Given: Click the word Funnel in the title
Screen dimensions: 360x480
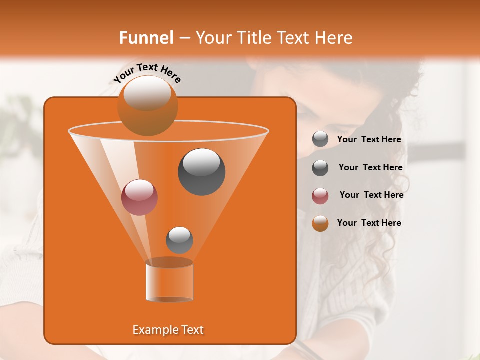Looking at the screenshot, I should pyautogui.click(x=146, y=38).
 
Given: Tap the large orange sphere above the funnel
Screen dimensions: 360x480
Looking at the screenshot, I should pyautogui.click(x=148, y=105).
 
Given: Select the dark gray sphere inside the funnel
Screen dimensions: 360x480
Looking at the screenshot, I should pyautogui.click(x=201, y=171).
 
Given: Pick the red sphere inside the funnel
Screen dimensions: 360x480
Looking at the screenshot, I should pyautogui.click(x=139, y=197).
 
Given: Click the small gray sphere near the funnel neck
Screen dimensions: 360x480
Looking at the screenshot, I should pyautogui.click(x=179, y=240).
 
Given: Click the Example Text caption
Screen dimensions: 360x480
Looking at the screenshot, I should pyautogui.click(x=168, y=330).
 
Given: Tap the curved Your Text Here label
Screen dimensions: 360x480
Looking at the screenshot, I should pyautogui.click(x=147, y=72).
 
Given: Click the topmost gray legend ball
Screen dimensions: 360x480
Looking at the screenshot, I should pyautogui.click(x=320, y=139).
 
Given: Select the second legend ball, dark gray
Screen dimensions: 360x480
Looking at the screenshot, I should pyautogui.click(x=320, y=168).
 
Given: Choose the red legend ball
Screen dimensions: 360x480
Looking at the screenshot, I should pyautogui.click(x=320, y=196).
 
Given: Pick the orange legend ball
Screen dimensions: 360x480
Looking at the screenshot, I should pyautogui.click(x=320, y=223).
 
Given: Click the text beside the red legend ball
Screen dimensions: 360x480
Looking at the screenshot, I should pyautogui.click(x=371, y=195).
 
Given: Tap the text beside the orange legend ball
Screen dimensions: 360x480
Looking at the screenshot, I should pyautogui.click(x=369, y=223).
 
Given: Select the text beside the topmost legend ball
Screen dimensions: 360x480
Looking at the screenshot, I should pyautogui.click(x=369, y=140).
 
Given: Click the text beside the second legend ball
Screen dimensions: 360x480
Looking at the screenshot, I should pyautogui.click(x=370, y=168).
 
